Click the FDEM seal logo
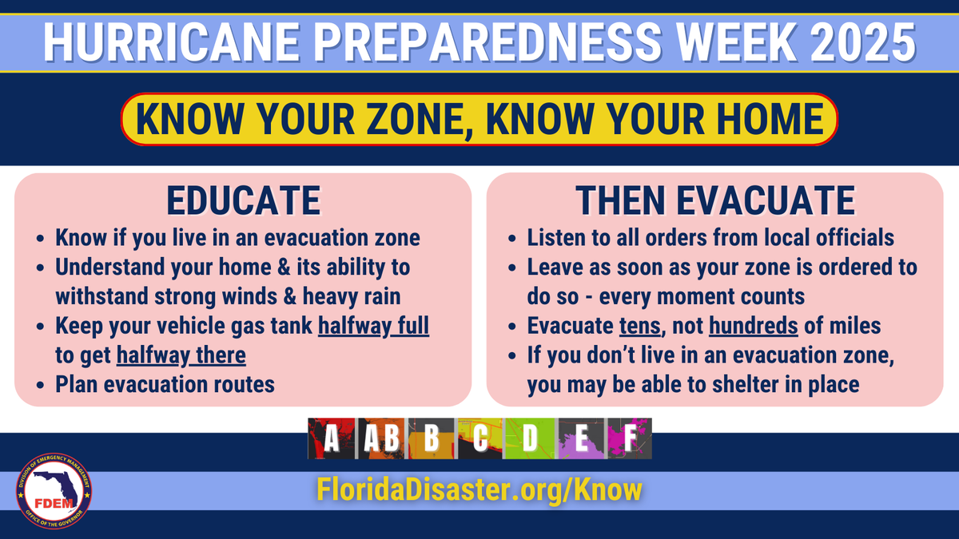(54, 492)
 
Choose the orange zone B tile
(432, 438)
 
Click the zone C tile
(479, 438)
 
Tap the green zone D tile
(530, 438)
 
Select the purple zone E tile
(581, 438)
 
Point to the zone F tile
(629, 438)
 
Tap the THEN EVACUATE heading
(715, 200)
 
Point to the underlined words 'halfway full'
(373, 328)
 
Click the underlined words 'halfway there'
(181, 355)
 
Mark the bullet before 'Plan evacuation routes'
(41, 385)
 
